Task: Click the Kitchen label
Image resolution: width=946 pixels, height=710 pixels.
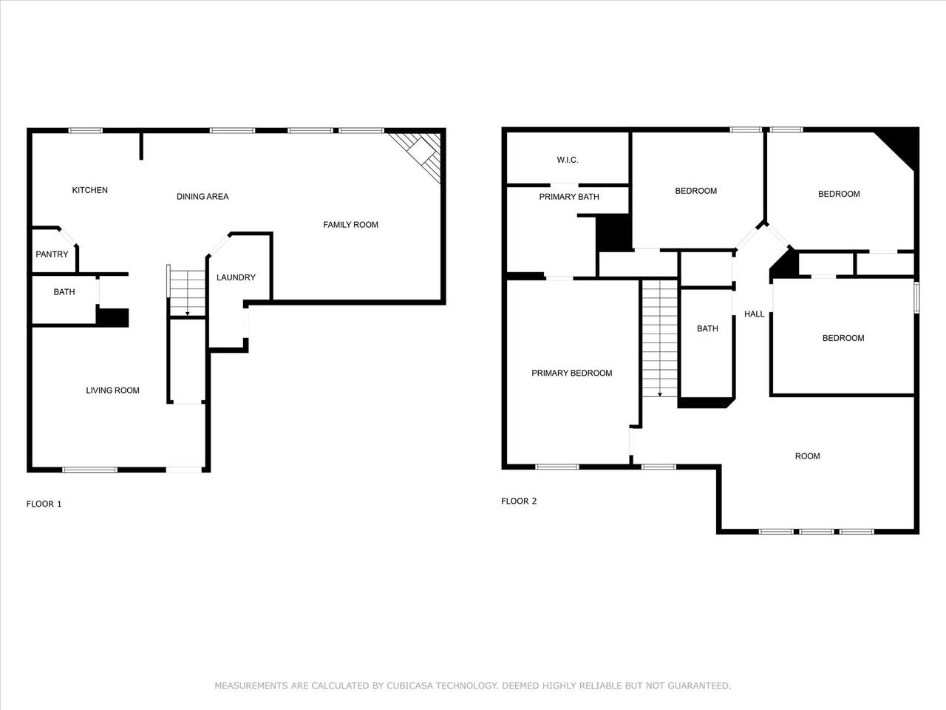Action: tap(89, 190)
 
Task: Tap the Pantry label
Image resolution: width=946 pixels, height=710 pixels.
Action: tap(52, 254)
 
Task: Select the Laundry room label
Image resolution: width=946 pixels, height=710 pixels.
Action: tap(236, 277)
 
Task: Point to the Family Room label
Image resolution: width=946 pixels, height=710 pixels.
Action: tap(350, 225)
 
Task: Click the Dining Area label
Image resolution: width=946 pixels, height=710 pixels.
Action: tap(203, 197)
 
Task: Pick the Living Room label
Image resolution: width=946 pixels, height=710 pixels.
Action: tap(112, 390)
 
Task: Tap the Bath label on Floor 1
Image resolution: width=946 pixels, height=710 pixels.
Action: tap(64, 292)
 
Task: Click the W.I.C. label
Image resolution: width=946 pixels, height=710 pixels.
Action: tap(568, 160)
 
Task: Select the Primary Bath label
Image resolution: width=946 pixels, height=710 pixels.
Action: tap(569, 197)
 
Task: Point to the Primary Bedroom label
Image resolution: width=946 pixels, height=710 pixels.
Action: tap(571, 373)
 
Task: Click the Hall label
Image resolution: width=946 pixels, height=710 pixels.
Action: tap(755, 314)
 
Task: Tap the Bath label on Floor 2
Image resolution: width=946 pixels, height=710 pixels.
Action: tap(707, 329)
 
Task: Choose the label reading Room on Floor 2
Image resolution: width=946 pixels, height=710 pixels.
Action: tap(807, 456)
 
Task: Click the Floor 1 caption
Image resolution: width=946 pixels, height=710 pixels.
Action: tap(44, 504)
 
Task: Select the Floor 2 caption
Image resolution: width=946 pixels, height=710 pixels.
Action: tap(519, 501)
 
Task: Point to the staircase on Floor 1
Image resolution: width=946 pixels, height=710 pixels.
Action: tap(187, 292)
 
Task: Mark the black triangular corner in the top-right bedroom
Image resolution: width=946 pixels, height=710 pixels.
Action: tap(901, 145)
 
